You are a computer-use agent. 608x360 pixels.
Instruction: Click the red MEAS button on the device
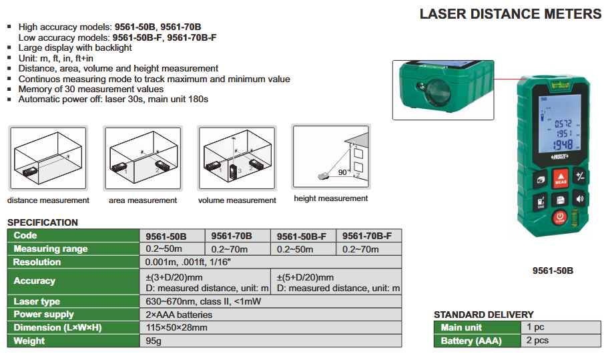[561, 178]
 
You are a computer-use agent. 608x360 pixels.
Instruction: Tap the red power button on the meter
[560, 218]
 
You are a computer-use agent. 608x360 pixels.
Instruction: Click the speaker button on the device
[580, 199]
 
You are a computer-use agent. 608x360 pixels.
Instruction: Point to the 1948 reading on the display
[563, 145]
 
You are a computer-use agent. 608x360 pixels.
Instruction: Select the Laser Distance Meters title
[511, 14]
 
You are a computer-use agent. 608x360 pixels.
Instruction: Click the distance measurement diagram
[48, 158]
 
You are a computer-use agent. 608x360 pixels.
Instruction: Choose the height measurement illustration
[331, 156]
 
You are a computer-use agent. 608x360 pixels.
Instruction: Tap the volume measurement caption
[237, 200]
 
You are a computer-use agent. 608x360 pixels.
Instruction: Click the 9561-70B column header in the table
[232, 236]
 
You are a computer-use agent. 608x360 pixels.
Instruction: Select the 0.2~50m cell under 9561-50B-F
[295, 249]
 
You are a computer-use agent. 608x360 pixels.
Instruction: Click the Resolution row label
[37, 262]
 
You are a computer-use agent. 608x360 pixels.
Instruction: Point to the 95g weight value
[154, 341]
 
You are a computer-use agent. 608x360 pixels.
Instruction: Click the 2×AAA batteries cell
[179, 314]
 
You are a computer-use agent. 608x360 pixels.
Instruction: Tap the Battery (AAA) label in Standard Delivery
[471, 341]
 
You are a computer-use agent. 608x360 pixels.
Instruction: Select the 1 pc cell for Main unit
[535, 327]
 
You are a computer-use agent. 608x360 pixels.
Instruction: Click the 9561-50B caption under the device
[553, 271]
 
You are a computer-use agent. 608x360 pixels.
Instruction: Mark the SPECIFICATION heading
[43, 222]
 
